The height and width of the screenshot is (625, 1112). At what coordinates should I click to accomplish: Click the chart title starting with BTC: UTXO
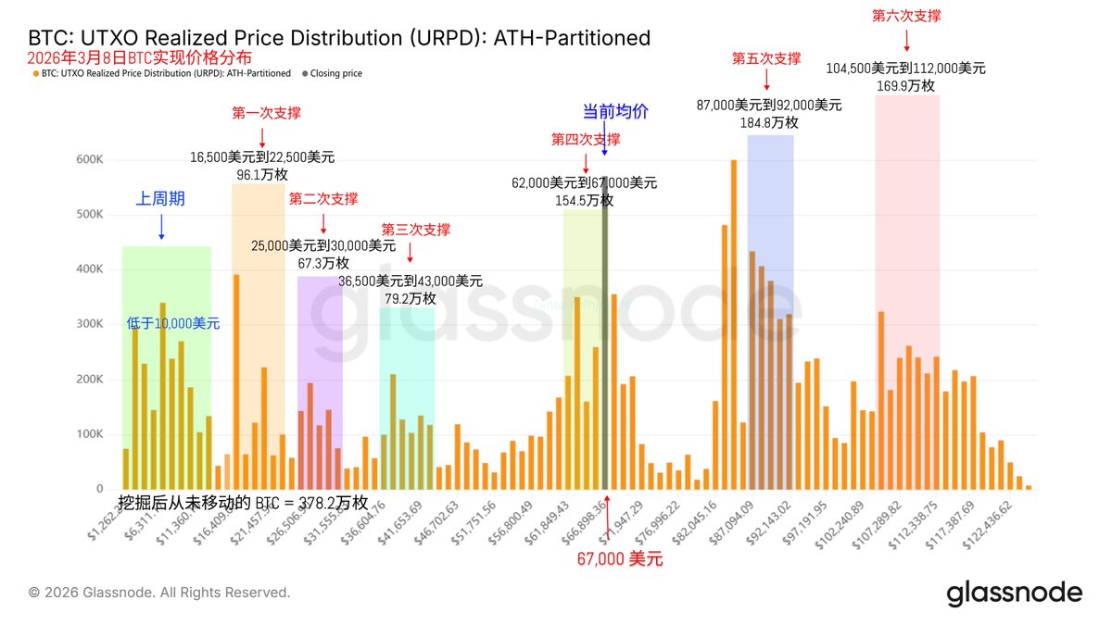(x=339, y=38)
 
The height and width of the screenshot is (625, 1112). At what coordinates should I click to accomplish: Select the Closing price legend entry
(x=335, y=73)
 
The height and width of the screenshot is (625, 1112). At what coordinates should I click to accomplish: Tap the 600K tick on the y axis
(x=89, y=160)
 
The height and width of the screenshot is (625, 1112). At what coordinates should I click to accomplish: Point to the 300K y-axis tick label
(x=89, y=324)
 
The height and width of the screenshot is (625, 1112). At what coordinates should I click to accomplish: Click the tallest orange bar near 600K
(x=733, y=324)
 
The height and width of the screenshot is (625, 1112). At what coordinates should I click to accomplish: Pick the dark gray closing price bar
(x=604, y=333)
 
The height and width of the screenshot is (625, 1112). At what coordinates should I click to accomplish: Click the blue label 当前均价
(x=614, y=112)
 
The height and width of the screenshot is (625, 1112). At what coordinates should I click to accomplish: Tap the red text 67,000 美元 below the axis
(x=619, y=559)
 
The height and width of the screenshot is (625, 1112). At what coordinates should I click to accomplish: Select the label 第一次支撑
(x=266, y=113)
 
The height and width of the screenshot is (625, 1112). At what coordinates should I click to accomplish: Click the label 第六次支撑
(x=906, y=16)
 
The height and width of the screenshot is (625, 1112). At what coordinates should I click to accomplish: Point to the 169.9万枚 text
(x=905, y=86)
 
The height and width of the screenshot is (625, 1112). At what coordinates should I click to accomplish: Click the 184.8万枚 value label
(x=768, y=122)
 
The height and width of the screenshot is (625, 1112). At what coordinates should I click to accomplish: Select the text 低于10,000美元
(x=173, y=324)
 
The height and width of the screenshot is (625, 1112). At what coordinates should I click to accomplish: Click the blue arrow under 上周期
(x=162, y=226)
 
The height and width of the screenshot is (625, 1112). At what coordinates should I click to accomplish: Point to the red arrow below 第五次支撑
(x=765, y=82)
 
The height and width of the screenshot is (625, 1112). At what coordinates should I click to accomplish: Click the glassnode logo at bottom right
(x=1014, y=594)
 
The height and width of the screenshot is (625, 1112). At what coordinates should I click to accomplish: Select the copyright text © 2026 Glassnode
(x=159, y=593)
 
